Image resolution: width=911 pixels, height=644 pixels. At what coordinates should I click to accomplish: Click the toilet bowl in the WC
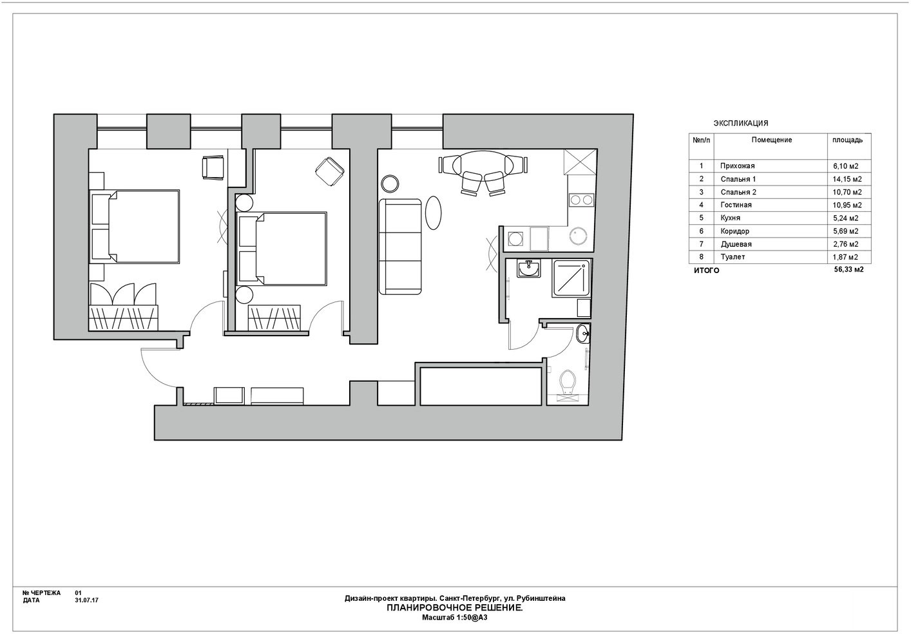click(568, 381)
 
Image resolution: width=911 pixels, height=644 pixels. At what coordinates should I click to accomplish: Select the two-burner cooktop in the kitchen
click(582, 199)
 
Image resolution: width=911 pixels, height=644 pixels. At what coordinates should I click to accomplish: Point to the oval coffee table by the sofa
click(433, 213)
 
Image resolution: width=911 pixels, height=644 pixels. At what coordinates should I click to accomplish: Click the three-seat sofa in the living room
click(400, 247)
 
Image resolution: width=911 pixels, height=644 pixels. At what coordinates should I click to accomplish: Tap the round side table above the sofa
click(390, 184)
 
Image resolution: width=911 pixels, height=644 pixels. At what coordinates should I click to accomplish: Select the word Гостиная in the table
click(736, 205)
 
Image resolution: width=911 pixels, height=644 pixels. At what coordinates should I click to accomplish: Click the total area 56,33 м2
click(849, 270)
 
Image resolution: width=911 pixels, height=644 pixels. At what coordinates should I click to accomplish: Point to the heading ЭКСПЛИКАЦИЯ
click(741, 123)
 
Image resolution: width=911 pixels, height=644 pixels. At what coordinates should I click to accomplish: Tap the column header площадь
click(848, 140)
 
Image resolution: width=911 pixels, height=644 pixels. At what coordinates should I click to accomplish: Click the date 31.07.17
click(86, 600)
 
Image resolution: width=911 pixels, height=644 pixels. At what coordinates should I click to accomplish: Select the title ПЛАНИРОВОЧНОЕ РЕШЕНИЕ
click(454, 608)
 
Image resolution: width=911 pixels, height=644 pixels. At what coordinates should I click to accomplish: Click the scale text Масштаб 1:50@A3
click(454, 618)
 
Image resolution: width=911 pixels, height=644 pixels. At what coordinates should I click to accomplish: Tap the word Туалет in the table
click(733, 257)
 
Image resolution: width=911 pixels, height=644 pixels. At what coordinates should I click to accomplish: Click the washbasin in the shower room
click(529, 269)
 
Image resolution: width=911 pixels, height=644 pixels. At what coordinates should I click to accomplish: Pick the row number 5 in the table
click(701, 218)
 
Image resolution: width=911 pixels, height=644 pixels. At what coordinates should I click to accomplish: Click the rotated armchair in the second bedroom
click(330, 172)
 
